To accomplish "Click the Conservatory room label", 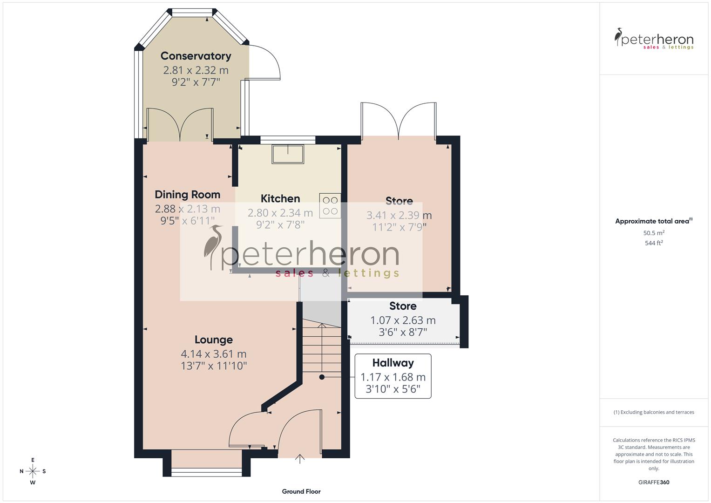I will coord(196,56).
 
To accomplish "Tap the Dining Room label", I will coord(187,195).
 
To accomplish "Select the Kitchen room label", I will coord(280,199).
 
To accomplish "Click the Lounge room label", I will coord(213,340).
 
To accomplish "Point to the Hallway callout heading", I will coord(393,363).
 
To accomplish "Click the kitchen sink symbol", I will coord(288,154).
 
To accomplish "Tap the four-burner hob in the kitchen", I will coord(330,205).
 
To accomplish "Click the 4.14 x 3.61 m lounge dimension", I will coord(213,354).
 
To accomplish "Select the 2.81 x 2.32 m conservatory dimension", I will coord(196,70).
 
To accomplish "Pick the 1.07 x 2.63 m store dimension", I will coord(403,320).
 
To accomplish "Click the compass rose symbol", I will coord(33,471).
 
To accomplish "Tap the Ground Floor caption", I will coord(301,491).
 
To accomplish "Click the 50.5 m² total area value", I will coord(654,233).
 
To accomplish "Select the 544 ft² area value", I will coord(654,243).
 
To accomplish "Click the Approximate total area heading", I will coord(653,221).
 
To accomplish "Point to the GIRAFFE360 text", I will coord(654,483).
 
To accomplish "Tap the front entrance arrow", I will coord(300,459).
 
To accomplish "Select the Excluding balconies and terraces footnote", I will coord(654,412).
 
